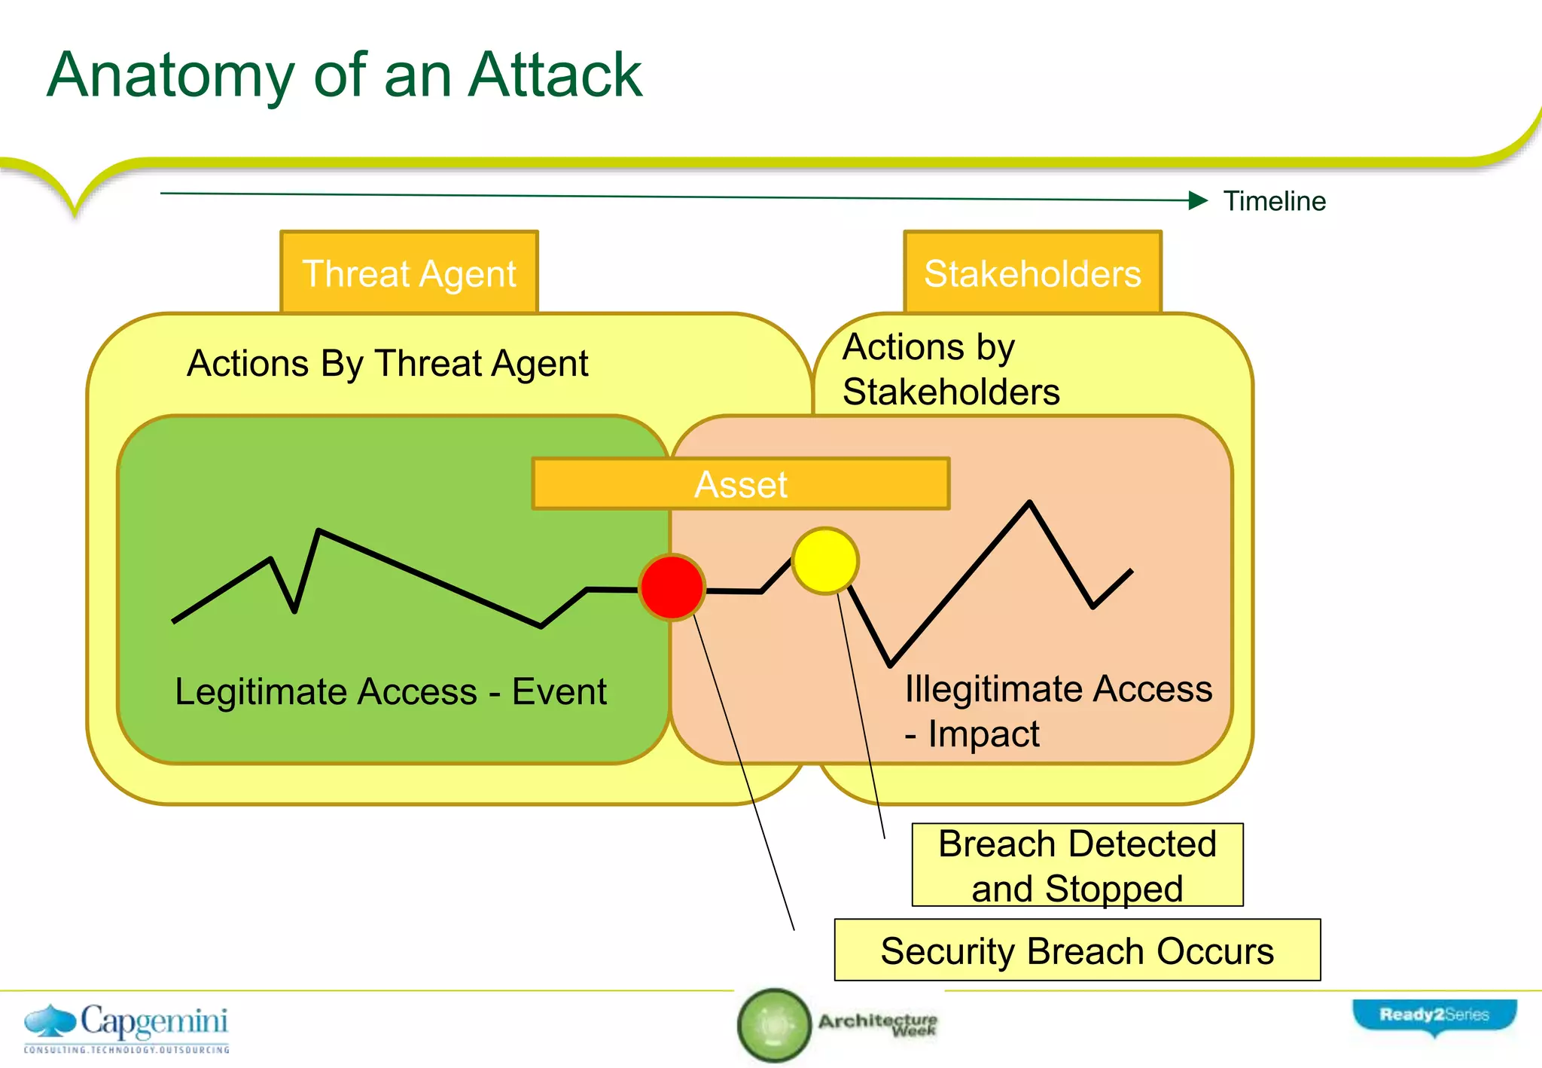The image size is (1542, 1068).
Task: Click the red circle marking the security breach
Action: point(672,587)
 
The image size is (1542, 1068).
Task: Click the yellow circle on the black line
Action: point(825,561)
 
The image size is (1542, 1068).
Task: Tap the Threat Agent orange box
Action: point(409,273)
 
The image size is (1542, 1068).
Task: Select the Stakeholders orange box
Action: point(1032,273)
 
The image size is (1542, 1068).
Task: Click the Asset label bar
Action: point(741,484)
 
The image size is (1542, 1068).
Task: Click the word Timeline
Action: point(1274,201)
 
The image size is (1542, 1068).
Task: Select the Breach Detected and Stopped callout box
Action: point(1077,865)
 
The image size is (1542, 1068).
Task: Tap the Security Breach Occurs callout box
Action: point(1077,951)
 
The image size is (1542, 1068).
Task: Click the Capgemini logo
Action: point(126,1026)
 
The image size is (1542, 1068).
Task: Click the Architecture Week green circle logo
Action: point(774,1025)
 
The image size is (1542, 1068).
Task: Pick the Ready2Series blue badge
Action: point(1434,1015)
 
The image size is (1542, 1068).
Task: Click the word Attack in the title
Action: point(555,75)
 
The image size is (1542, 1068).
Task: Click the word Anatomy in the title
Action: point(170,75)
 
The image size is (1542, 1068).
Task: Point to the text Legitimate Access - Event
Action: point(390,691)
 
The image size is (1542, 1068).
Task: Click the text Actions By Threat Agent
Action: point(387,363)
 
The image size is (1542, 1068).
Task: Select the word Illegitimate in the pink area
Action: point(995,688)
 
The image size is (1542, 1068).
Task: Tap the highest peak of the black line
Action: point(1029,502)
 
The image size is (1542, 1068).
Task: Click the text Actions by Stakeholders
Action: point(950,369)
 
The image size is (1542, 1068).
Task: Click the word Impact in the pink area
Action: point(983,734)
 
